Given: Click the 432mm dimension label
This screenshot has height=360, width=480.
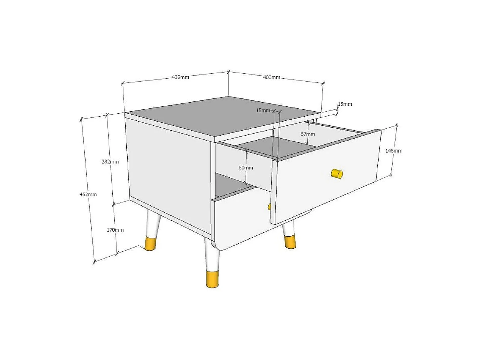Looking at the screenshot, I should (180, 77).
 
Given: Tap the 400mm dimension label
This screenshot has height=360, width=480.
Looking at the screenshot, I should (271, 77).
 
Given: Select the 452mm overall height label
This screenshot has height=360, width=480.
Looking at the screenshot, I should (88, 194).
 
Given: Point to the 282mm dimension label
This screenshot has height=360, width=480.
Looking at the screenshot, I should (110, 162).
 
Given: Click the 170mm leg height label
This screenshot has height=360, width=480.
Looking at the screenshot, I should (115, 230).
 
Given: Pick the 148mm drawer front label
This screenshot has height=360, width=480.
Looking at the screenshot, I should (394, 151).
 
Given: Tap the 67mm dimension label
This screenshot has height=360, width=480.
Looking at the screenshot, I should (308, 134).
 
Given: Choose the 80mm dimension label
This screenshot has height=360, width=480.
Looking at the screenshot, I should (246, 168).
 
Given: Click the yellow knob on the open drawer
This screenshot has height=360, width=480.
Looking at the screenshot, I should (337, 174).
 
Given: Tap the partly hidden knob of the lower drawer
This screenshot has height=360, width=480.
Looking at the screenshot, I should (269, 207).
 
